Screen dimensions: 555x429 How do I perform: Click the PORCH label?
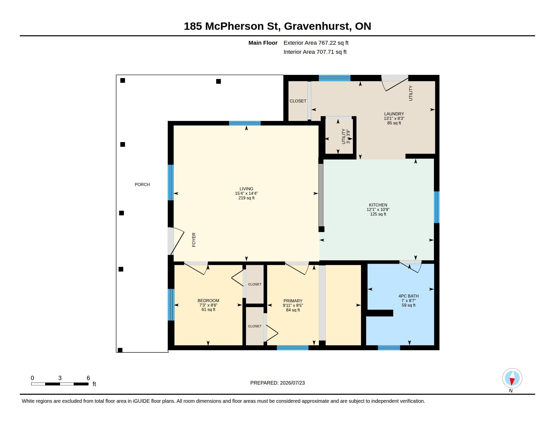click(142, 184)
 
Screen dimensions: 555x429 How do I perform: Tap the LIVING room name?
click(246, 189)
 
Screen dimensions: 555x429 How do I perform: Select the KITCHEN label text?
click(378, 205)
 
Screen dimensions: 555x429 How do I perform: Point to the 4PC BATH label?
click(408, 296)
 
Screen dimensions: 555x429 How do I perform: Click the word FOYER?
click(194, 240)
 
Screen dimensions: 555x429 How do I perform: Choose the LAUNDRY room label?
click(394, 114)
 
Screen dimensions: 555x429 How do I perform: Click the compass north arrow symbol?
click(512, 378)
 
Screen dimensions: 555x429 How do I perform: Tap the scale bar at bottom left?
click(60, 384)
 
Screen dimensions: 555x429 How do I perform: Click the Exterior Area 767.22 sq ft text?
click(316, 43)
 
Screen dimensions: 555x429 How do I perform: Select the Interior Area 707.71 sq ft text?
click(315, 52)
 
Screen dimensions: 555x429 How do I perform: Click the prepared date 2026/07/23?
click(292, 383)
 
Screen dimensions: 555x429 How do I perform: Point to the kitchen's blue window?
click(437, 207)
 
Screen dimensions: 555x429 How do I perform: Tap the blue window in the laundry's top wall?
click(335, 78)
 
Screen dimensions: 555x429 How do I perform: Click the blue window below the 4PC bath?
click(389, 348)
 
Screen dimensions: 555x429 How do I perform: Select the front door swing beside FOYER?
click(176, 241)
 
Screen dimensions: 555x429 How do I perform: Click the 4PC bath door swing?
click(410, 266)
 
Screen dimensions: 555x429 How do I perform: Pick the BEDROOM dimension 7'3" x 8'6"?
click(208, 305)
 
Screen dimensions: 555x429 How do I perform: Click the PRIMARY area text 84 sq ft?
click(293, 310)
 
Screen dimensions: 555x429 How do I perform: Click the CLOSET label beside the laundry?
click(298, 101)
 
